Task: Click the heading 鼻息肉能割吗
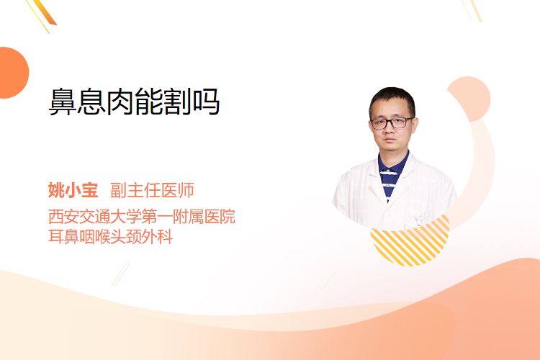[x=134, y=102]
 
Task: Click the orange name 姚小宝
[x=73, y=190]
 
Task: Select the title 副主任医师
[x=152, y=190]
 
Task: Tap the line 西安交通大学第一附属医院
[x=142, y=217]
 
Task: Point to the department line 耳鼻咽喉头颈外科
[x=110, y=237]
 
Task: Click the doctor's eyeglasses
[x=392, y=122]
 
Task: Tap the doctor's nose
[x=390, y=130]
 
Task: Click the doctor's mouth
[x=390, y=140]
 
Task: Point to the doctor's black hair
[x=392, y=100]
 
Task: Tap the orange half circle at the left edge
[x=13, y=73]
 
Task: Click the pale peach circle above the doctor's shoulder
[x=470, y=98]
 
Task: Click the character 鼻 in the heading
[x=63, y=102]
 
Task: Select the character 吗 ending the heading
[x=206, y=102]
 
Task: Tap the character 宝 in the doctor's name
[x=90, y=190]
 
